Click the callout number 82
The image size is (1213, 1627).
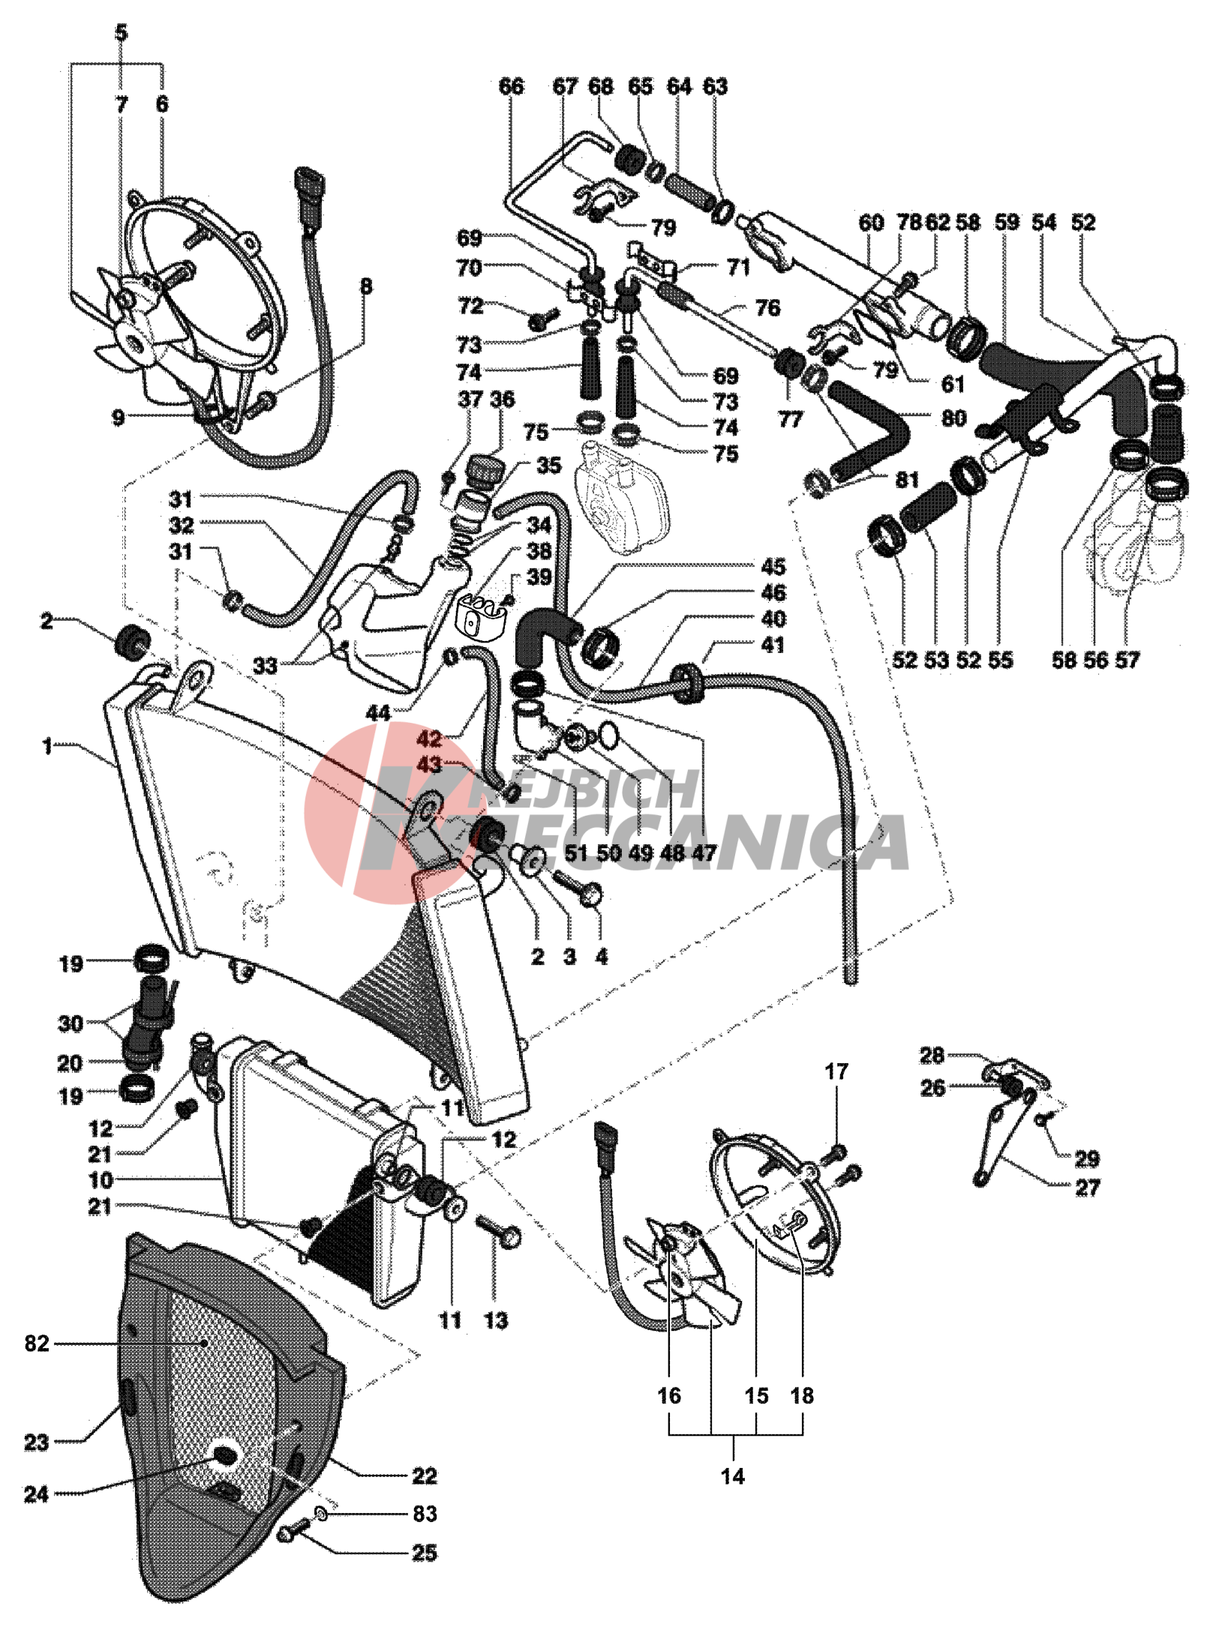pos(36,1344)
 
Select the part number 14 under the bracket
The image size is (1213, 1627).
pos(732,1476)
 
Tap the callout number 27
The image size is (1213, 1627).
pos(1087,1188)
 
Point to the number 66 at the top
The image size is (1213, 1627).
pos(511,86)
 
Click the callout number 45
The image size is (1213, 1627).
pos(773,567)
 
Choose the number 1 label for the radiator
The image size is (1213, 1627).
pos(47,746)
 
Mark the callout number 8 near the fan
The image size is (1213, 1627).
pos(366,286)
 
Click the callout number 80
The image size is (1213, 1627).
pos(953,418)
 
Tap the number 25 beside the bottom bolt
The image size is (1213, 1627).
pos(424,1553)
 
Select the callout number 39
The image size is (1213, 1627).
pos(539,577)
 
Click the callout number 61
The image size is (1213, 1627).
pos(952,384)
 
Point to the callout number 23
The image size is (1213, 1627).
pos(36,1442)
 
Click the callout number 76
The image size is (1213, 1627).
pos(767,307)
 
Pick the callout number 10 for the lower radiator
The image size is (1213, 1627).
pos(101,1180)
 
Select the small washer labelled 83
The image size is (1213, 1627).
pos(322,1515)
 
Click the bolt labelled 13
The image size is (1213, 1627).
pos(499,1230)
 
